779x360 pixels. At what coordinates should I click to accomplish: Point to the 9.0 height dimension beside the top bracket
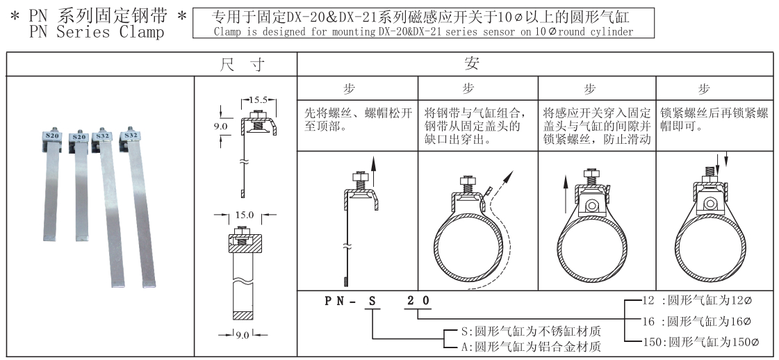pyautogui.click(x=220, y=126)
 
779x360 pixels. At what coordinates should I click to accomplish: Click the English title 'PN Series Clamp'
pyautogui.click(x=93, y=32)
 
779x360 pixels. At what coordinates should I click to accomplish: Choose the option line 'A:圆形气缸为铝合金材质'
pyautogui.click(x=526, y=345)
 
